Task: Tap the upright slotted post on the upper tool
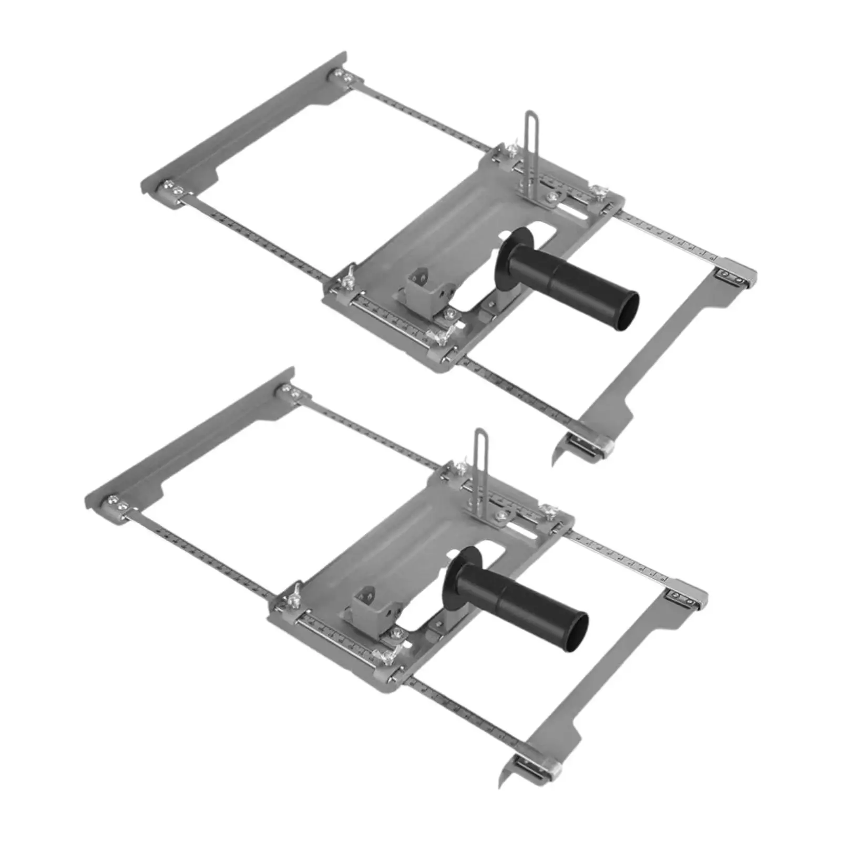click(529, 152)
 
